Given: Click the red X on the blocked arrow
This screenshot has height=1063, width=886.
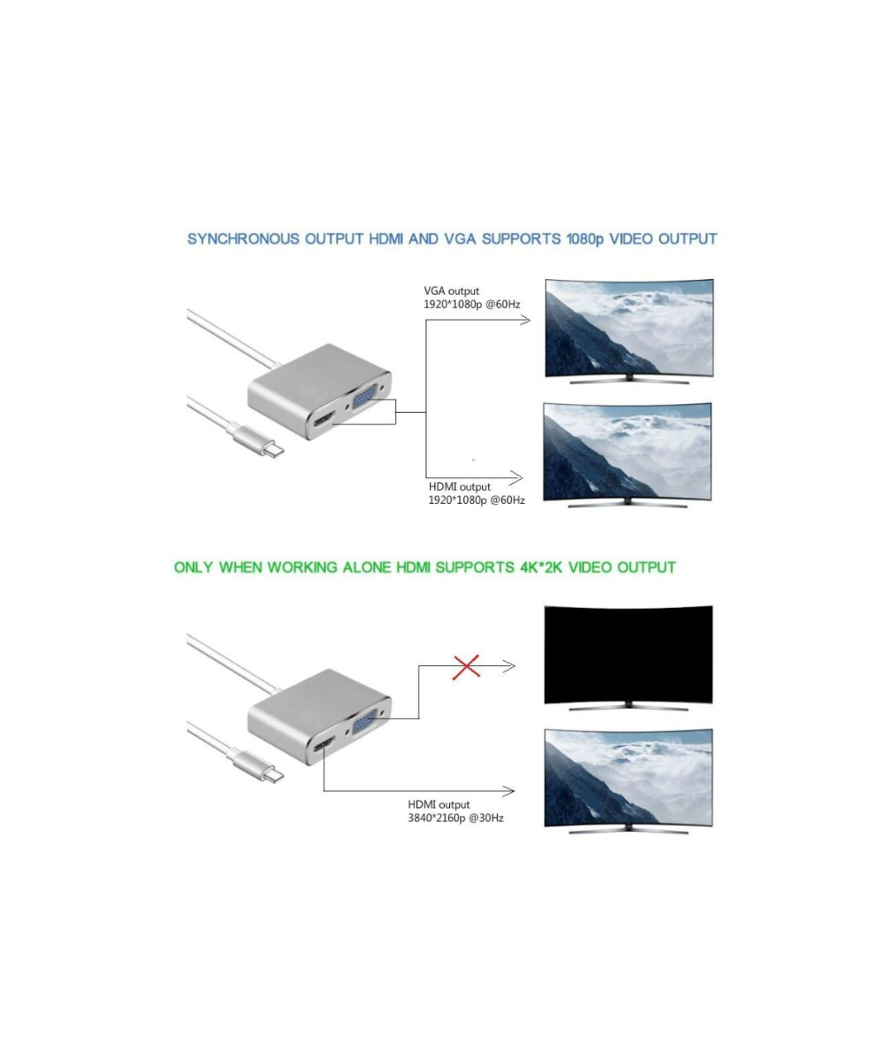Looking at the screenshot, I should coord(466,666).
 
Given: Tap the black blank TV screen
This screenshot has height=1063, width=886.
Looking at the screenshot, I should coord(627,651).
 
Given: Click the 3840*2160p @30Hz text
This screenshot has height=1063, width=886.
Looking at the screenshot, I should coord(455,818).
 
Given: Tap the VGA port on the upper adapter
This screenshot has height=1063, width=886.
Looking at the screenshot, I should coord(365,404).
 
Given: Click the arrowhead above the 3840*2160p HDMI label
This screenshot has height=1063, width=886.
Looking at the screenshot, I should coord(510,789).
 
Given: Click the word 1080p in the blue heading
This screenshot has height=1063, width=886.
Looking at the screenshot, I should coord(582,239).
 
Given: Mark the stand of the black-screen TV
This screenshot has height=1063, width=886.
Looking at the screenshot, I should coord(627,706).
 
